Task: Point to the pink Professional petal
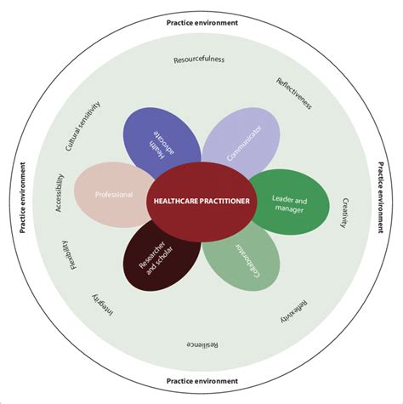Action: (x=112, y=195)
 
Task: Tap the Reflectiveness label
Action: (x=294, y=94)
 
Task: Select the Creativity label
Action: (x=345, y=213)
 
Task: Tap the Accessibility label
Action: (x=60, y=193)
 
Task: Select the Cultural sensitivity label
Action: (x=82, y=126)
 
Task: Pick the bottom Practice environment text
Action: (x=201, y=380)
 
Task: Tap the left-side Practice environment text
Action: (x=21, y=202)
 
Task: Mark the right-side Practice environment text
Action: (x=381, y=202)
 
